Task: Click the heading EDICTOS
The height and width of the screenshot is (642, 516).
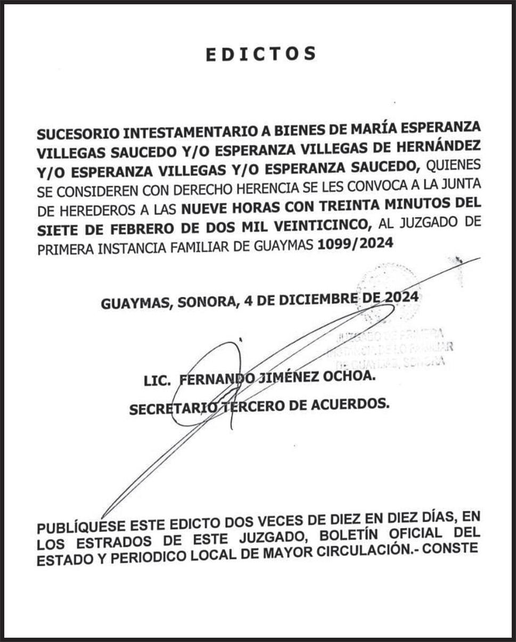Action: [x=261, y=54]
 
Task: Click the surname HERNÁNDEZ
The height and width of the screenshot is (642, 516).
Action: [x=434, y=145]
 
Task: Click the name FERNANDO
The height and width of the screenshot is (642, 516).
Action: [x=209, y=380]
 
